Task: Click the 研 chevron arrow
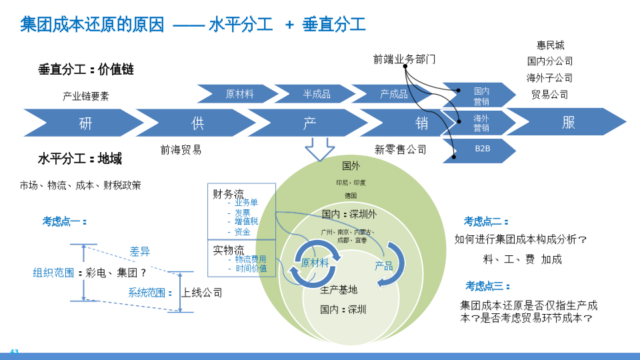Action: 85,123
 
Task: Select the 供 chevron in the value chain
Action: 197,123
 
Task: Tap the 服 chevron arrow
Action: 568,122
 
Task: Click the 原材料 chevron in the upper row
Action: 239,94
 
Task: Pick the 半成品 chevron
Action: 316,94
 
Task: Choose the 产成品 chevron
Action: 393,94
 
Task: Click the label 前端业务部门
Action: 404,59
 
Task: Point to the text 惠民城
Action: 550,45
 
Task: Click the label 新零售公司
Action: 400,149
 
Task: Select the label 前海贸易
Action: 181,149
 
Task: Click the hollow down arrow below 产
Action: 320,149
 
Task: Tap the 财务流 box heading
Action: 228,194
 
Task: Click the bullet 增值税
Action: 245,221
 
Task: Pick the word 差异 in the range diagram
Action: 139,251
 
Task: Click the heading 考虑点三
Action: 487,286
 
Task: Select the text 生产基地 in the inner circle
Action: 339,289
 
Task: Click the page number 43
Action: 14,351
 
